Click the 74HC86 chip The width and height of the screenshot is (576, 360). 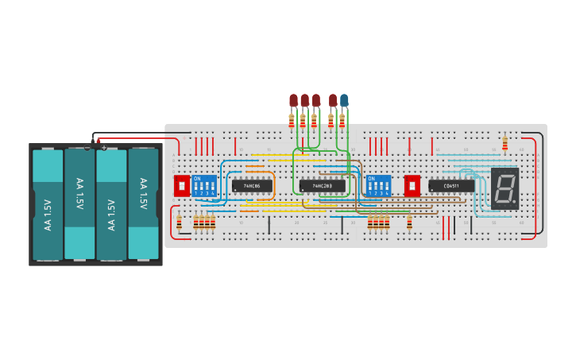pos(252,186)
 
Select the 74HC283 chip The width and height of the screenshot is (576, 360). pos(322,186)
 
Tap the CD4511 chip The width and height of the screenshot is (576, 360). pos(451,186)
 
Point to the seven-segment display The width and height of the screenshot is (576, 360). pos(504,188)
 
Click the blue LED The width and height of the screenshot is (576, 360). pos(344,100)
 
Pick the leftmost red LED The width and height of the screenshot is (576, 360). pos(293,100)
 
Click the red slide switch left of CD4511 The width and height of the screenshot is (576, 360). pos(412,186)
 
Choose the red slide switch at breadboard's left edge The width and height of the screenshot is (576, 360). pos(181,186)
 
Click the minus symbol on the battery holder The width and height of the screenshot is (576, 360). pos(87,147)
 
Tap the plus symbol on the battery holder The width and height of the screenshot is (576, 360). pos(103,147)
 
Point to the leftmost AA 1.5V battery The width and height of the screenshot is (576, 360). pos(48,203)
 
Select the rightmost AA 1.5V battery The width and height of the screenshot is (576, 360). pos(143,203)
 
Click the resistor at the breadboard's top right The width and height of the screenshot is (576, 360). pos(504,144)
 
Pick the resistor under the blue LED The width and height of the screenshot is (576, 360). pos(342,120)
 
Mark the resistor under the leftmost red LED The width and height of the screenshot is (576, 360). pos(292,120)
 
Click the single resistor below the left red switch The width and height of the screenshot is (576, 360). pos(179,223)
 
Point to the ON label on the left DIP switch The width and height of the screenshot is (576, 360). pos(197,178)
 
